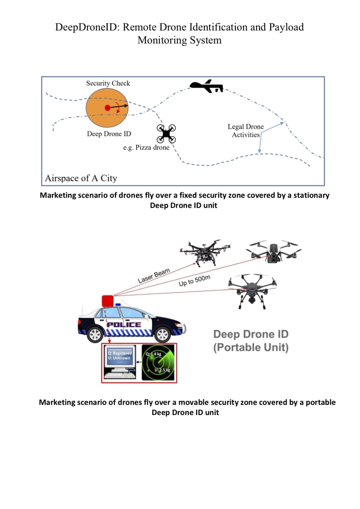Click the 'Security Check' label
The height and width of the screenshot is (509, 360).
pos(108,83)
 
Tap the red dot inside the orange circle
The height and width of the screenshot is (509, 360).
pos(108,108)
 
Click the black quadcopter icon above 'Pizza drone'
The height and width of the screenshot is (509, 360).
pos(166,134)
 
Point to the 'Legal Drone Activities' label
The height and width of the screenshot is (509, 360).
pos(246,131)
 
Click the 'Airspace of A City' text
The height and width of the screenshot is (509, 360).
pos(81,178)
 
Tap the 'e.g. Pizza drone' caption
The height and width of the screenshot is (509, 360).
pos(146,148)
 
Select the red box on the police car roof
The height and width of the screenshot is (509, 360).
pos(108,301)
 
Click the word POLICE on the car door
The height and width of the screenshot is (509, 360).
pos(124,325)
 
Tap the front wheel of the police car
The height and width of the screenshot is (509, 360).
pos(162,335)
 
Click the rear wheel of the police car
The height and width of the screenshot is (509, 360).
pos(95,335)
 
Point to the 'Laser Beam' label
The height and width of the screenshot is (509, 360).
pos(154,276)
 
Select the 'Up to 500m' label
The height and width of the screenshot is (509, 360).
pos(194,280)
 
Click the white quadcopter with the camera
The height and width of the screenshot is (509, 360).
pos(274,251)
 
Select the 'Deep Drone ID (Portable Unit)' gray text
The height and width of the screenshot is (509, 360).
pos(251,341)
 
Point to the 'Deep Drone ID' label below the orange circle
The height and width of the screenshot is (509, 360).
pos(109,134)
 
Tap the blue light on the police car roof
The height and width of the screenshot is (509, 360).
pos(118,305)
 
